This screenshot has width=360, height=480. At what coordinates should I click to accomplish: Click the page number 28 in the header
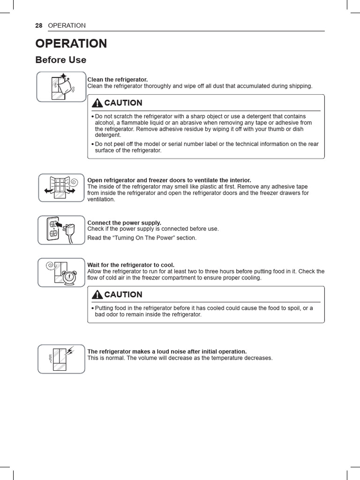coord(39,25)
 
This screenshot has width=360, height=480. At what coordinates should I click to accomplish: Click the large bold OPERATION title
coord(71,44)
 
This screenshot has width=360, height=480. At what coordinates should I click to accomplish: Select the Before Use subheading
coord(61,60)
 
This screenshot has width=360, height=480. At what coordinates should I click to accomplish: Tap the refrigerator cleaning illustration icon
coord(61,87)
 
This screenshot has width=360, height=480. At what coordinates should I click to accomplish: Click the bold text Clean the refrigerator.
coord(118,80)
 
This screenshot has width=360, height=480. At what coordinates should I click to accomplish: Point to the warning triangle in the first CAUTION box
coord(97,103)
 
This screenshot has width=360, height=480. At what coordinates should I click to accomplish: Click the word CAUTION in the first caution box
coord(123,103)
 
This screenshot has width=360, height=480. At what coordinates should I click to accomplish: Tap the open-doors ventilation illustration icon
coord(61,187)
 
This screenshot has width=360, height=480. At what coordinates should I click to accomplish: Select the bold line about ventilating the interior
coord(169,180)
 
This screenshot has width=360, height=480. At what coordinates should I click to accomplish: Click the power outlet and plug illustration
coord(61,230)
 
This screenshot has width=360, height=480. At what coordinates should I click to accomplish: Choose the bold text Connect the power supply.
coord(124,223)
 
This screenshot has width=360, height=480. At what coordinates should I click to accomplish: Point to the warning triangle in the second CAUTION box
coord(97,295)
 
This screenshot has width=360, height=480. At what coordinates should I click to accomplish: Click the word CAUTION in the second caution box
coord(123,295)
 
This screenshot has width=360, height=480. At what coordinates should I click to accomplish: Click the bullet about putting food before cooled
coord(202,311)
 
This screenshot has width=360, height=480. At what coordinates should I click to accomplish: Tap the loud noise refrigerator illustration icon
coord(61,359)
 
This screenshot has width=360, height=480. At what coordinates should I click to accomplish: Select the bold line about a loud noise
coord(167,352)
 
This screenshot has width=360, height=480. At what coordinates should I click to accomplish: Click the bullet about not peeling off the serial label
coord(205,147)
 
